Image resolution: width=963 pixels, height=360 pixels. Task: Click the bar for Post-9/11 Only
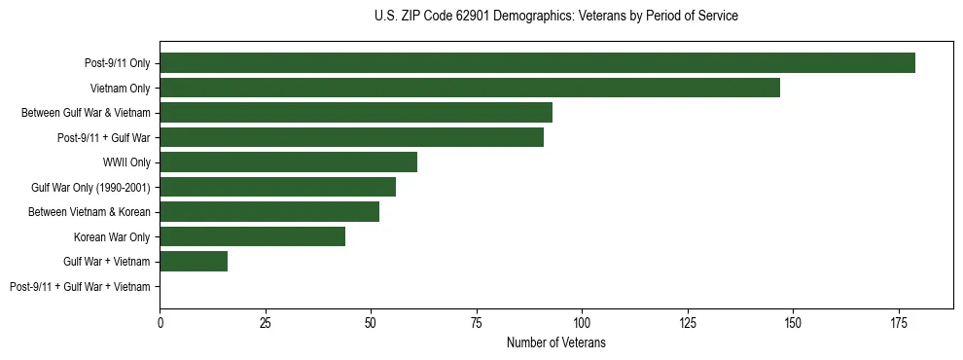point(537,63)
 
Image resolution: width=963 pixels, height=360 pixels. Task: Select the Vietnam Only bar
point(470,88)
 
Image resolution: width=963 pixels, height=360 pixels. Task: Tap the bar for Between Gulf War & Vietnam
point(356,113)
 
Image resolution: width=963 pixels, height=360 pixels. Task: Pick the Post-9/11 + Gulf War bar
point(351,137)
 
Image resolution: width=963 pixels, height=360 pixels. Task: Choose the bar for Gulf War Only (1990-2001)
point(277,187)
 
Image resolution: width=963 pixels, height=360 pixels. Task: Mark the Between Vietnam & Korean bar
point(269,212)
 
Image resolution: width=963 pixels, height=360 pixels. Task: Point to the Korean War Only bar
point(252,236)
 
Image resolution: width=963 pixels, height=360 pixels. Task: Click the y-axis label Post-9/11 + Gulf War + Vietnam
point(80,287)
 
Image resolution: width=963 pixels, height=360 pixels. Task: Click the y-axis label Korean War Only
point(112,236)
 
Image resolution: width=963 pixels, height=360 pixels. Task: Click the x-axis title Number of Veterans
point(556,342)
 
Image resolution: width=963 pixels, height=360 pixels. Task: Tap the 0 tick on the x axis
point(160,322)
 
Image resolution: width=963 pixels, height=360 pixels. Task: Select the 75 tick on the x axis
point(477,322)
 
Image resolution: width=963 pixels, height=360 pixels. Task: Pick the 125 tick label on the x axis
point(688,322)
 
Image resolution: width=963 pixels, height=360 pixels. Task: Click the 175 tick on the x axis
point(898,322)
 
